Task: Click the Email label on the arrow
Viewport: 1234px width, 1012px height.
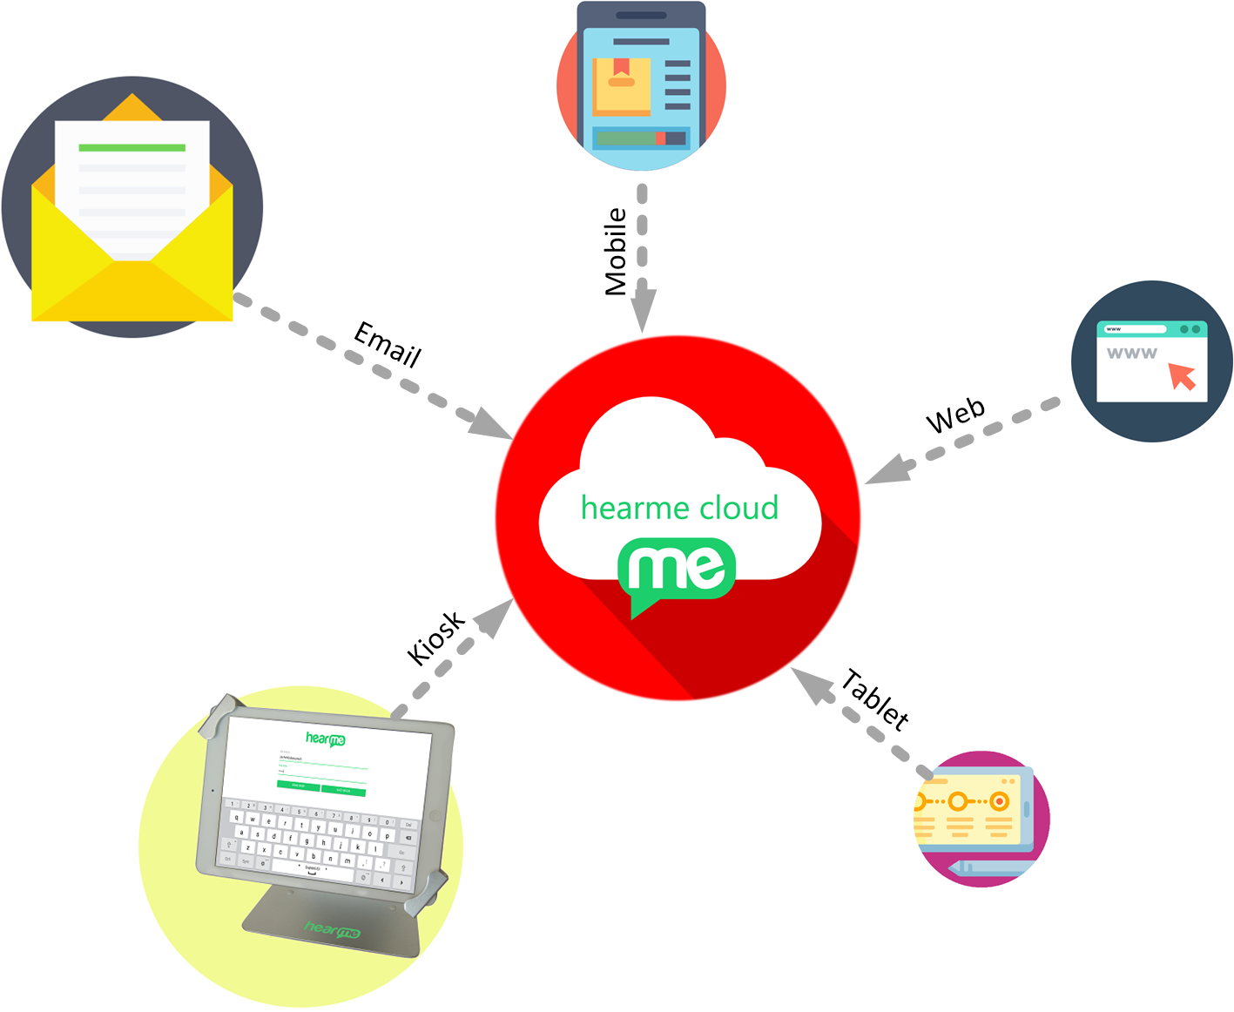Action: click(388, 344)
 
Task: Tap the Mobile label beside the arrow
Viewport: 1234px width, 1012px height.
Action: click(616, 252)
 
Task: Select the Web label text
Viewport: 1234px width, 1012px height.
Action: click(955, 415)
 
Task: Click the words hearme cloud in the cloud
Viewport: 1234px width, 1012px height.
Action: click(679, 508)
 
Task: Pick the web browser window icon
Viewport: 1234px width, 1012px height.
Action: click(1151, 361)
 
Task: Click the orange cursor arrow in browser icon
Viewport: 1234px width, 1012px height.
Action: click(1182, 375)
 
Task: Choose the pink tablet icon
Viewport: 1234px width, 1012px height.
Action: click(981, 819)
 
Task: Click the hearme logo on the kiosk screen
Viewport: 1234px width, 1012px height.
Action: click(326, 739)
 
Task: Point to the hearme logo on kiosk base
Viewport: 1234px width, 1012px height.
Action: click(332, 929)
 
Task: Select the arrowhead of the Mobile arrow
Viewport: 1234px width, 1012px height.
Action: click(643, 309)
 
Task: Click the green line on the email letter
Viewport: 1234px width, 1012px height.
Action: click(132, 147)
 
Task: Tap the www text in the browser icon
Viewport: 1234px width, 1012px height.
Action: click(1131, 353)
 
